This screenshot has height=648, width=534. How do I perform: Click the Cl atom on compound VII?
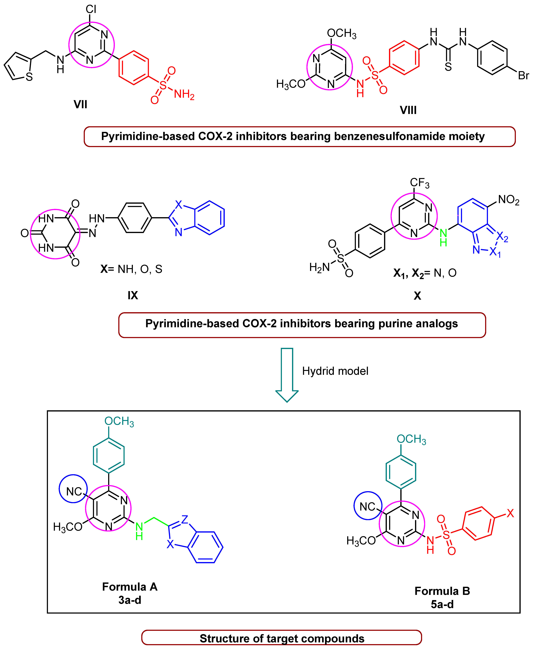91,9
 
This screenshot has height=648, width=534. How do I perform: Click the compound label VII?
80,105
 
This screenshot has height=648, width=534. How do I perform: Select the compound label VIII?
408,110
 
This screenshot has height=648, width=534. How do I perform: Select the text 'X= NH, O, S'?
131,269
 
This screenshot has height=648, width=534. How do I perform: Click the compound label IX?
133,295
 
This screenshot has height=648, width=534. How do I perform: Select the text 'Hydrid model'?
335,371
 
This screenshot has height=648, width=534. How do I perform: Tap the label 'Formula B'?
442,591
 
